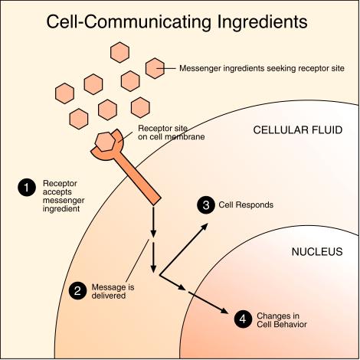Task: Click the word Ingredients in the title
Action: (263, 22)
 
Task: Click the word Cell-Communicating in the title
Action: (129, 21)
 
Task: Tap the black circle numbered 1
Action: (27, 188)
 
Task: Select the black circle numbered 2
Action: (78, 291)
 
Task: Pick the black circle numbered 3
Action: (206, 205)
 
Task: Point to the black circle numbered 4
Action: (243, 319)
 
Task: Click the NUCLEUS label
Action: (317, 252)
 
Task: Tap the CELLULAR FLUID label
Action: (298, 130)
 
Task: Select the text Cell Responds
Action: (246, 205)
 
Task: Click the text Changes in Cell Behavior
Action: (282, 320)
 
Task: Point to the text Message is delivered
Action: (113, 291)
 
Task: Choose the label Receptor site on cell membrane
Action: (172, 133)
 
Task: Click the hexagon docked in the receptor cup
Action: (105, 142)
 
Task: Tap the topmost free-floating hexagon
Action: (119, 52)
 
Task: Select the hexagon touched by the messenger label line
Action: (155, 68)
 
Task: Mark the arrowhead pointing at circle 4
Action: (224, 310)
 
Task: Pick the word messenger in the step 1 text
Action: (64, 201)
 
